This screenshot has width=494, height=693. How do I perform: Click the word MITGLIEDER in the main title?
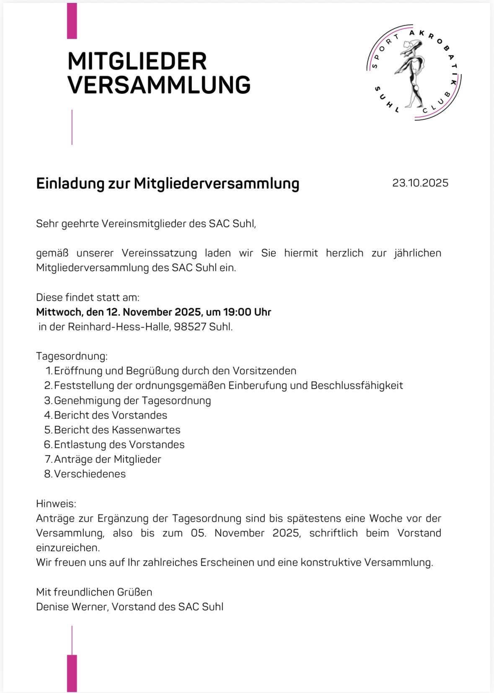click(137, 61)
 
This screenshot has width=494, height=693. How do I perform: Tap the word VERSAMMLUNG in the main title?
click(159, 85)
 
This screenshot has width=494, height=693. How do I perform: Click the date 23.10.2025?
click(420, 183)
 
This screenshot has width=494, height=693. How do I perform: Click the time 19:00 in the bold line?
click(237, 312)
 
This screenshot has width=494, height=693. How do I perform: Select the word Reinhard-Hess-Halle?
click(119, 327)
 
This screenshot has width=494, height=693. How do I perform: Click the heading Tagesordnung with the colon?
click(72, 356)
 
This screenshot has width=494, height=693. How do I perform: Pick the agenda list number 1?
click(49, 371)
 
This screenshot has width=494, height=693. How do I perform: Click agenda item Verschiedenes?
click(90, 474)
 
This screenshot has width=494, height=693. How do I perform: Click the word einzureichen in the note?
click(67, 548)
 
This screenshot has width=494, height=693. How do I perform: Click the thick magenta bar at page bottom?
click(72, 673)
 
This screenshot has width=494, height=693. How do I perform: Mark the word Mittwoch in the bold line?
click(59, 312)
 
